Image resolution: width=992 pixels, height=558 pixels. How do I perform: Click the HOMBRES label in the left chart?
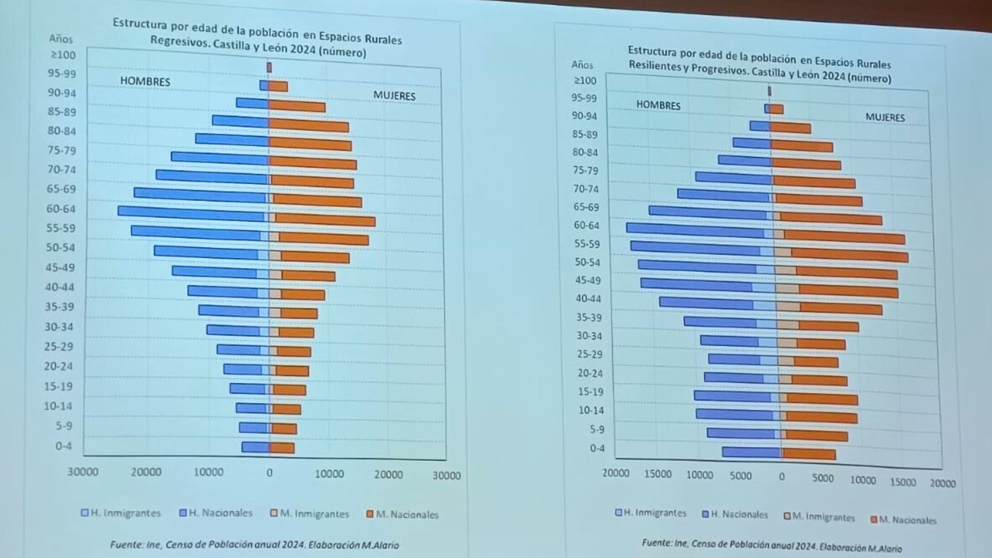coord(145,81)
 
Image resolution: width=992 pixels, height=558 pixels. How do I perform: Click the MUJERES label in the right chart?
coord(885,117)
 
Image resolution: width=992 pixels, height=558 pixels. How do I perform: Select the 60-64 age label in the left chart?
coord(61,209)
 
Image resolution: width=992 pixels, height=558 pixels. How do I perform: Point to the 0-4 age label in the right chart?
coord(597,448)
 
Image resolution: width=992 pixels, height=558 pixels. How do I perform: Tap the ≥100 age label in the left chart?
coord(63,55)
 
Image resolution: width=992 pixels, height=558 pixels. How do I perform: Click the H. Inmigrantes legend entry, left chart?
coord(121,513)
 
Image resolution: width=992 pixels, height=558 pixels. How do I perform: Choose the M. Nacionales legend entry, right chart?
coord(904,520)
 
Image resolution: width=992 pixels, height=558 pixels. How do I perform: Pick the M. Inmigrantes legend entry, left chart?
coord(309,514)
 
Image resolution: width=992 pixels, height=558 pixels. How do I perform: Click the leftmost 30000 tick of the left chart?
coord(83,471)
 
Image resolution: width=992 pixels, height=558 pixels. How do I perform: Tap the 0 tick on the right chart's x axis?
coord(782,477)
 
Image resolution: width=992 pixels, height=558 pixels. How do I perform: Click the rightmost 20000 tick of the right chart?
coord(942,483)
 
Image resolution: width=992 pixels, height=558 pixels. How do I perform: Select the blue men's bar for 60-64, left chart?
coord(191,211)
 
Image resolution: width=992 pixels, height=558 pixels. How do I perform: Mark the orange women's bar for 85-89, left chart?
coord(297,106)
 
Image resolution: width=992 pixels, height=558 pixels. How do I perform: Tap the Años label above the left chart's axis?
coord(61,39)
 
